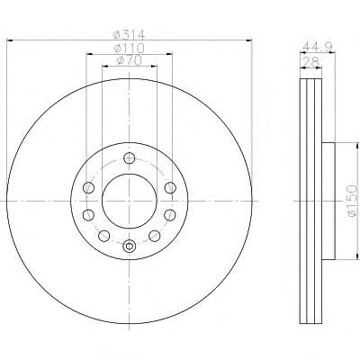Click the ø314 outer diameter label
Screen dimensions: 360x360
click(130, 34)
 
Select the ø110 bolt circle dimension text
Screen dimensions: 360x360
click(130, 48)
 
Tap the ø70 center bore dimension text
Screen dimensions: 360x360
click(130, 60)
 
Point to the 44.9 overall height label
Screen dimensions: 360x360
click(318, 46)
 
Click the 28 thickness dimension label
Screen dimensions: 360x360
click(310, 62)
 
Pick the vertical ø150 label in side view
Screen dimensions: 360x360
click(352, 201)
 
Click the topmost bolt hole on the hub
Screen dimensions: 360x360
click(130, 157)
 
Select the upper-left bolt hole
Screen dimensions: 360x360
click(88, 187)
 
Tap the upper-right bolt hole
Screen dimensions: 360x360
click(170, 187)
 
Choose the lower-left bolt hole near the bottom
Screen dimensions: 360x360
click(104, 236)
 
